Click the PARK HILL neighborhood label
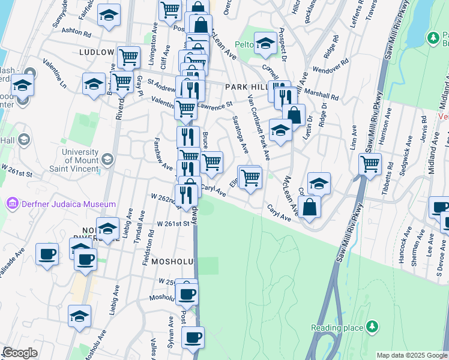245,87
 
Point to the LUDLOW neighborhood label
97,52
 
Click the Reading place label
337,328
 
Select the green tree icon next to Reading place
373,326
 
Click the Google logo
20,353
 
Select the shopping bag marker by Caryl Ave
309,207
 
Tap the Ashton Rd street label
76,29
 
